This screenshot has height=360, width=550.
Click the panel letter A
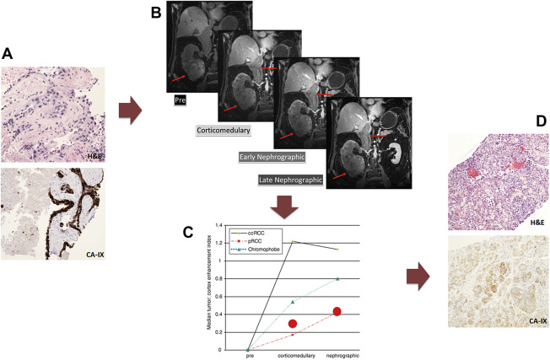(x=8, y=53)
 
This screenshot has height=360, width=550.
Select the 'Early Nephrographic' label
(x=272, y=157)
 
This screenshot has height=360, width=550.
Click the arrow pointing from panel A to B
(x=129, y=111)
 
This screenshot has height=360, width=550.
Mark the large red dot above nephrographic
(x=337, y=311)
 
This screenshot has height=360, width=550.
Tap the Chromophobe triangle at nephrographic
(x=337, y=278)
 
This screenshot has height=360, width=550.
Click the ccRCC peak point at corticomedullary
(x=293, y=242)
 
